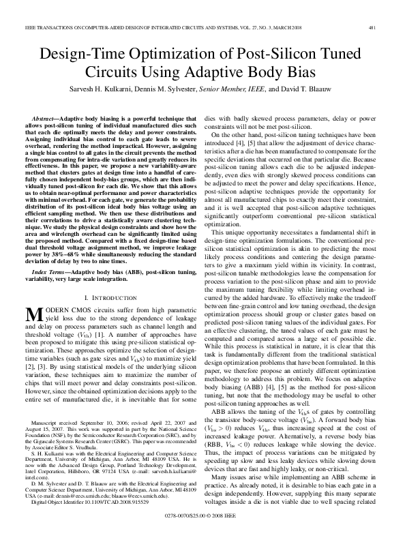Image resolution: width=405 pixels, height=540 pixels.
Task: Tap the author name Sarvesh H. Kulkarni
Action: pos(106,90)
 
